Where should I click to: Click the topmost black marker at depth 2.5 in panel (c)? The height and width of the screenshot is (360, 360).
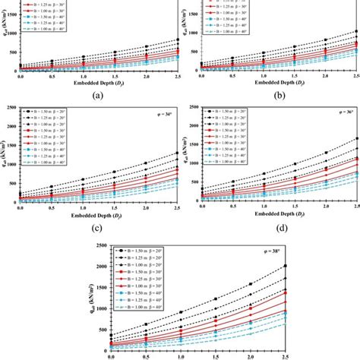[177, 153]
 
